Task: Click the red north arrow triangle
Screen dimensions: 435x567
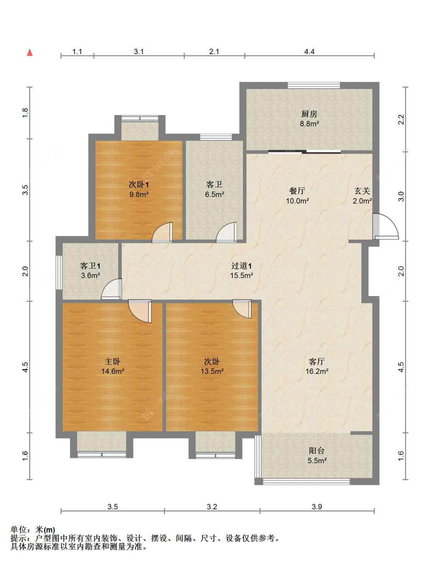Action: click(30, 53)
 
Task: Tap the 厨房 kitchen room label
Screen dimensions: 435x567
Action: click(309, 114)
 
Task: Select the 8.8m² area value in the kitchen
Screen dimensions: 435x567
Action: click(309, 124)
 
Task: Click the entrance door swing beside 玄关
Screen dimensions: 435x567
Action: click(385, 226)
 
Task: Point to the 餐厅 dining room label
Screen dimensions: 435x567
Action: click(297, 191)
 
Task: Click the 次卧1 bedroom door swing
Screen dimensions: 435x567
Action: click(162, 232)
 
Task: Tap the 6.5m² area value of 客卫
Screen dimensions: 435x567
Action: click(215, 194)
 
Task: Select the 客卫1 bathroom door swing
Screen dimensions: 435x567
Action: click(111, 289)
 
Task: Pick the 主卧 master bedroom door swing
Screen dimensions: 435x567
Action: click(140, 311)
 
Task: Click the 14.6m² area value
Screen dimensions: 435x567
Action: click(113, 371)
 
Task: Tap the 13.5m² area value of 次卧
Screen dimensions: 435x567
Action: click(212, 371)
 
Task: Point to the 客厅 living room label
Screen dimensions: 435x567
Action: click(317, 361)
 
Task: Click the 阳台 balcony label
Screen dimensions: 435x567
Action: click(317, 451)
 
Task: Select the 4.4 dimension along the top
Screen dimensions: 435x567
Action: click(309, 51)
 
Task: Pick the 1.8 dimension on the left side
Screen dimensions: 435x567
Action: click(25, 113)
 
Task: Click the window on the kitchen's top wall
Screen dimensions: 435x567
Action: click(314, 85)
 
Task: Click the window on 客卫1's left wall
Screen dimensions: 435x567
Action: click(59, 272)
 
